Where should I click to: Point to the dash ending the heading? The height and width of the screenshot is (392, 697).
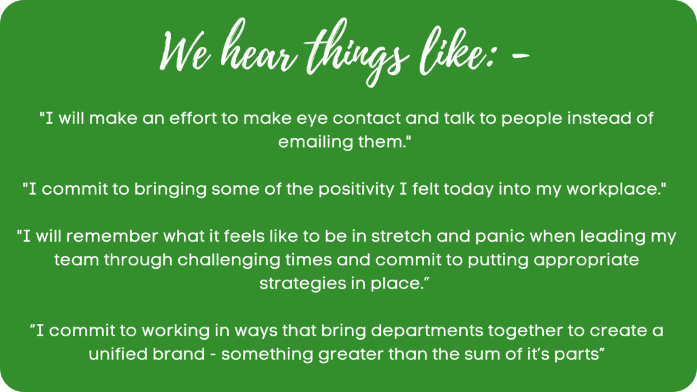coord(520,56)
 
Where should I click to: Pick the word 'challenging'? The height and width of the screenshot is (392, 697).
coord(229,261)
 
